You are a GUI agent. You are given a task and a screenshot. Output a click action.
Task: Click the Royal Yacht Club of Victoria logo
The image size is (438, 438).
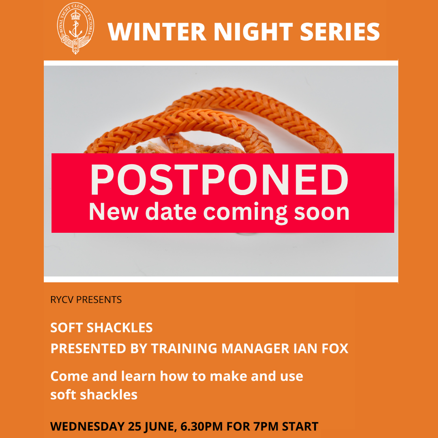75,28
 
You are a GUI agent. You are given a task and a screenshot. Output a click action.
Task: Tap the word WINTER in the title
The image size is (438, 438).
157,32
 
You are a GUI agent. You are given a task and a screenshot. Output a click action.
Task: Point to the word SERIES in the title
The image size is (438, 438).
340,32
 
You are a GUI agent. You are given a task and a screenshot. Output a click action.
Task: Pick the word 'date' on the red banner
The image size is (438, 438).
171,211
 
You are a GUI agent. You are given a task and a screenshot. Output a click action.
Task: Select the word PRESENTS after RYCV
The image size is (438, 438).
99,300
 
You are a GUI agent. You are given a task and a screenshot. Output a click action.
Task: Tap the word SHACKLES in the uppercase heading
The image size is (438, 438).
120,328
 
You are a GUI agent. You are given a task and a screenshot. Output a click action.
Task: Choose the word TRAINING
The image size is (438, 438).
184,349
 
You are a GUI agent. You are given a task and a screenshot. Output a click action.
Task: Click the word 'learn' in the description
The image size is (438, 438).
138,376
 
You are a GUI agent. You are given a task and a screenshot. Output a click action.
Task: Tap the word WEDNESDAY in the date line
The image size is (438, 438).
88,427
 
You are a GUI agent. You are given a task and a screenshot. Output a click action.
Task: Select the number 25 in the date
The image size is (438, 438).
134,427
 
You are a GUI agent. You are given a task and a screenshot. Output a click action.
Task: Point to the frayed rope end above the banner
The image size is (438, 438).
152,148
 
